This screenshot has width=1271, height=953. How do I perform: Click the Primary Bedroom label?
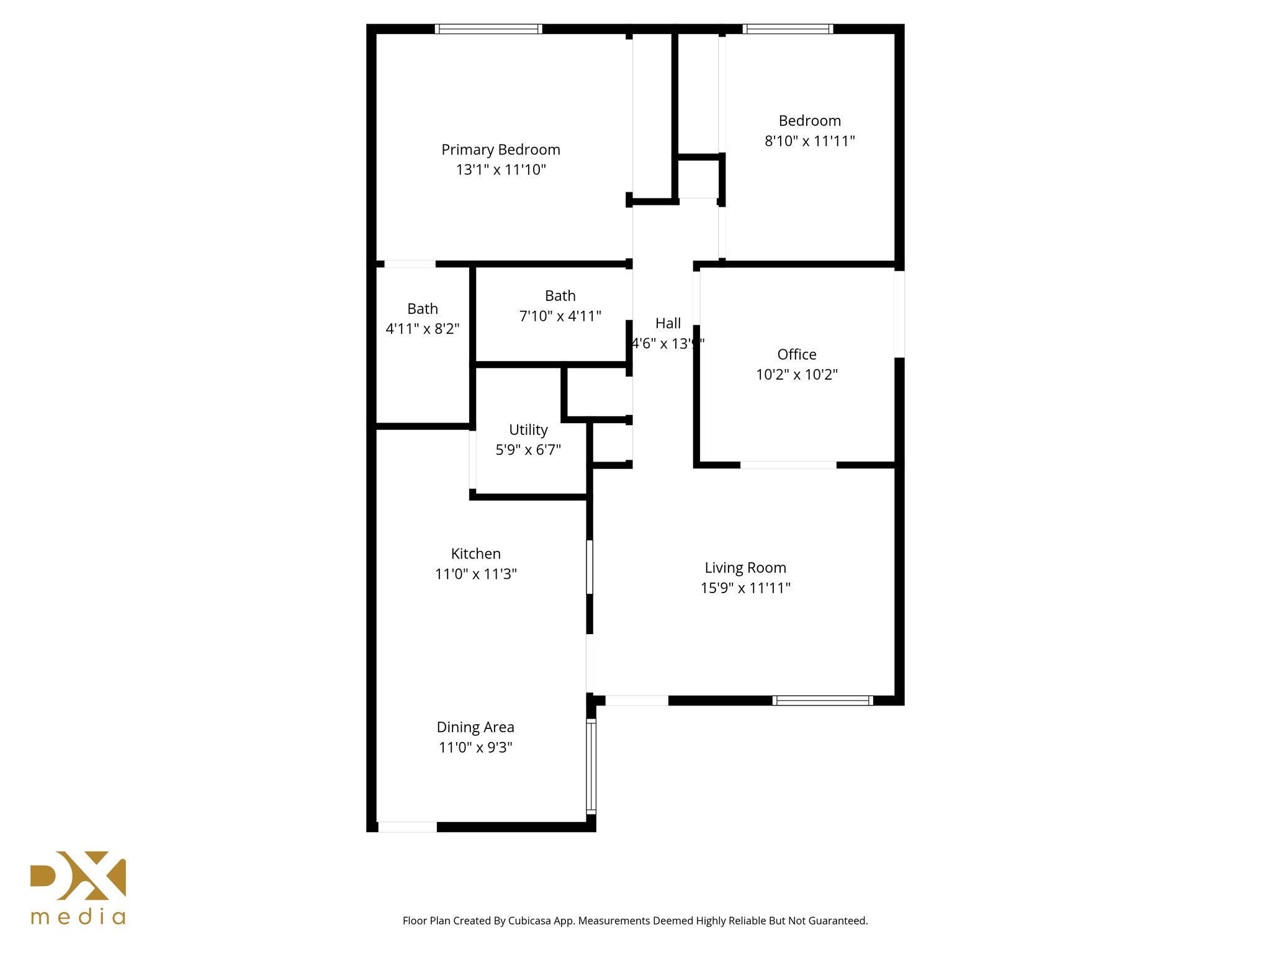(500, 150)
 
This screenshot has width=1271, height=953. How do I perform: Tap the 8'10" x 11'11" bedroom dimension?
(809, 141)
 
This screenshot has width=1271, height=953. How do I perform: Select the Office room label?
(797, 354)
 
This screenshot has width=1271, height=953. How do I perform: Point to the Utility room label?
(528, 429)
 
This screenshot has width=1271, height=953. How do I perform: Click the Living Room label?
(745, 568)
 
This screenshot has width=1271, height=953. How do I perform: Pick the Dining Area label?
(475, 727)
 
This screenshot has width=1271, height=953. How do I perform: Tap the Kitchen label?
(475, 553)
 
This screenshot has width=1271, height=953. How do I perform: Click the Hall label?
(668, 323)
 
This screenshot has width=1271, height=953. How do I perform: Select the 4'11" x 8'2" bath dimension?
(423, 329)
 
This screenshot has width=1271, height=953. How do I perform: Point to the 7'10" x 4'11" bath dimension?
(560, 316)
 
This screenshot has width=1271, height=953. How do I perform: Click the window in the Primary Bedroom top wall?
(488, 29)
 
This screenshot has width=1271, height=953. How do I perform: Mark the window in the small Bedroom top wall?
(788, 29)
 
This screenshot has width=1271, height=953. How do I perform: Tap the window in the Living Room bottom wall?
(822, 700)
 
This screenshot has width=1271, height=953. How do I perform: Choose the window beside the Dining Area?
(591, 766)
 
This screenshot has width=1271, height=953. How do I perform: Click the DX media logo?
(78, 887)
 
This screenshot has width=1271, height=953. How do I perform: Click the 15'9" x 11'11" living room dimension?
(745, 588)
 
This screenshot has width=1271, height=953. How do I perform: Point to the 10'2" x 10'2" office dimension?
(797, 374)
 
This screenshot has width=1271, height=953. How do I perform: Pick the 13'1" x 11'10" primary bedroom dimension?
(500, 169)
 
